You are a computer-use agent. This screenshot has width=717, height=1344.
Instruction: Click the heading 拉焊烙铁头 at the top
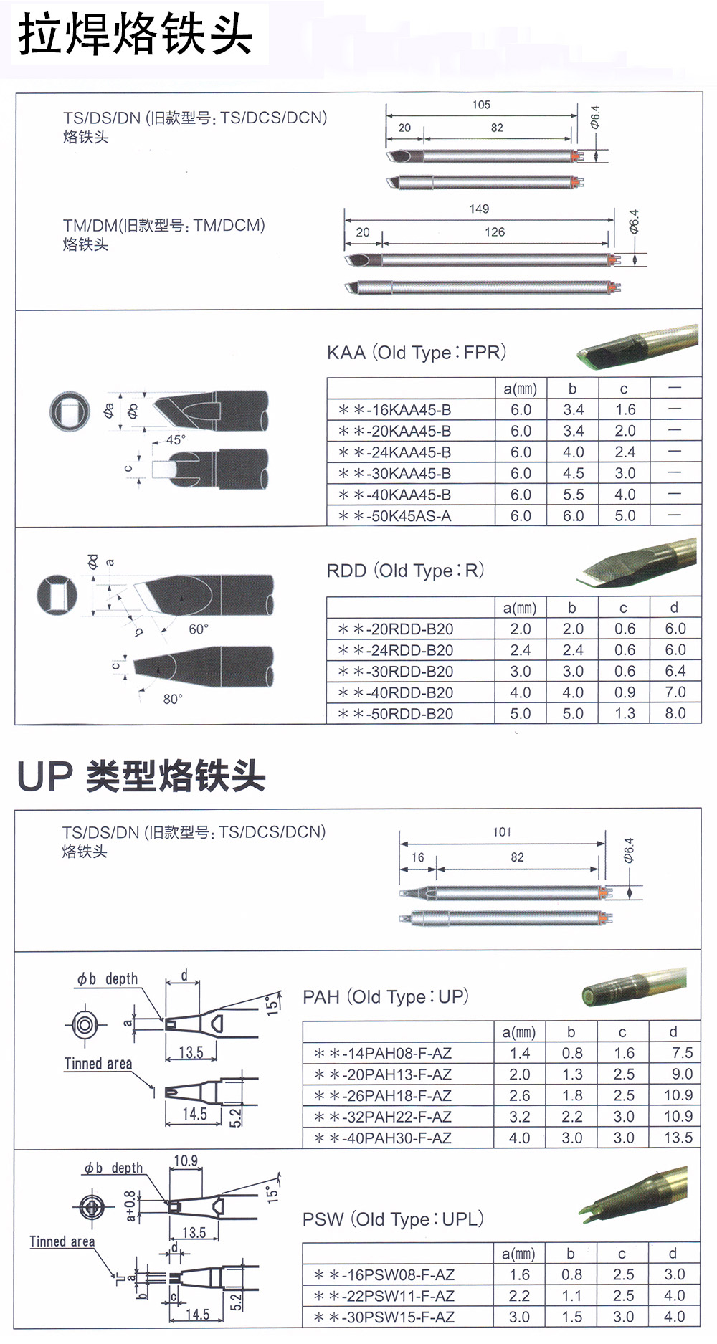tap(136, 34)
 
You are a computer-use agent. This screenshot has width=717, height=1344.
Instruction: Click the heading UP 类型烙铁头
tap(141, 776)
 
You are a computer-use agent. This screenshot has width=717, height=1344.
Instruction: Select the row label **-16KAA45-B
tap(395, 410)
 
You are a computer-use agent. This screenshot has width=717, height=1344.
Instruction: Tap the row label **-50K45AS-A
tap(395, 516)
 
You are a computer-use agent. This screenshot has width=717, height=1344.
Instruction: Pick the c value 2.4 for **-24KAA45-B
tap(625, 452)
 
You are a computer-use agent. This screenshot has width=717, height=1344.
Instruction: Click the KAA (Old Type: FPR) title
tap(417, 353)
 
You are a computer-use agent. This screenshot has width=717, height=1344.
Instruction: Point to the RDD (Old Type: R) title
tap(405, 571)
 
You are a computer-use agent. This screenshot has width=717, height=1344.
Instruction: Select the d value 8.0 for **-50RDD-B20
tap(675, 713)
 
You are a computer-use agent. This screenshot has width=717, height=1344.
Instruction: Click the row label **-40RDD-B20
tap(396, 692)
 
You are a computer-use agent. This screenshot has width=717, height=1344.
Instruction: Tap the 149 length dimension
tap(479, 209)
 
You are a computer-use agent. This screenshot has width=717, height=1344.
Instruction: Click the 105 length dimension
tap(481, 105)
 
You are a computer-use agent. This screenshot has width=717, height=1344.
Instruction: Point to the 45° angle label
tap(176, 439)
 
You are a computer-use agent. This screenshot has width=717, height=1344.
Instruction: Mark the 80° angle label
tap(173, 699)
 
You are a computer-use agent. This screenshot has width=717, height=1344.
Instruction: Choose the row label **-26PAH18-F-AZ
tap(383, 1095)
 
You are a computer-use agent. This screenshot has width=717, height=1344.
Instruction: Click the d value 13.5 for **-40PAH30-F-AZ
tap(678, 1138)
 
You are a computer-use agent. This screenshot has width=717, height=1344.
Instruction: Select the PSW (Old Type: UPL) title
tap(393, 1219)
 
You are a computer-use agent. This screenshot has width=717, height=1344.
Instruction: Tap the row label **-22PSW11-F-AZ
tap(384, 1296)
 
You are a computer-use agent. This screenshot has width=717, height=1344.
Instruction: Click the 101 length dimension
tap(502, 832)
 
